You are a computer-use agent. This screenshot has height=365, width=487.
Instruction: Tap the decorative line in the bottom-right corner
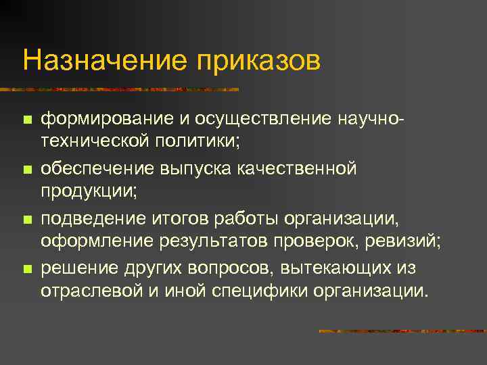402,331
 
